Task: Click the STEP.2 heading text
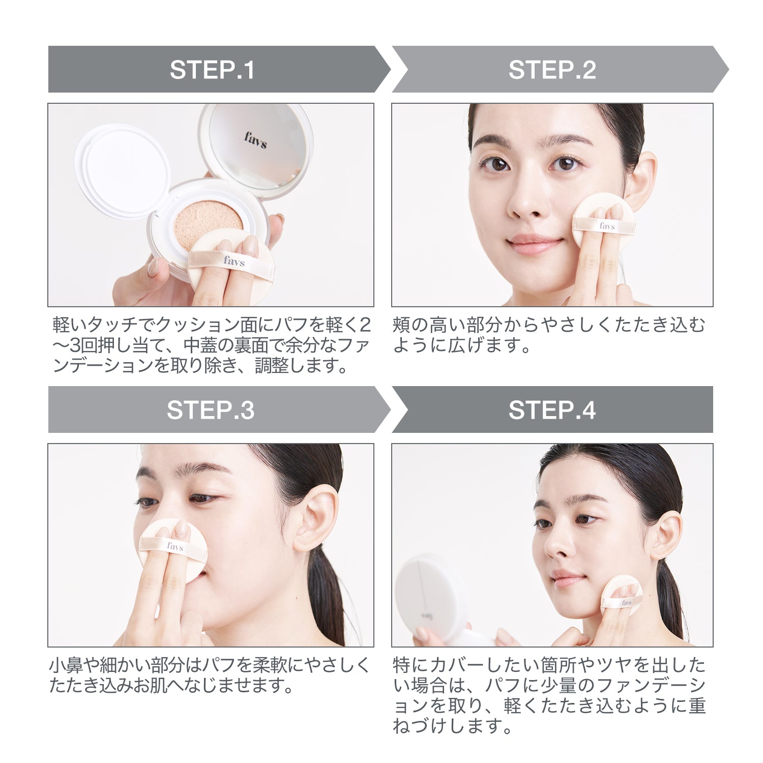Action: (552, 70)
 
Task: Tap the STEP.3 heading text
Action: (210, 410)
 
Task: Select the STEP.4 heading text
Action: (552, 410)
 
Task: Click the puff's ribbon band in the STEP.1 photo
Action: (231, 261)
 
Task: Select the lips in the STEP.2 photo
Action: (536, 244)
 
